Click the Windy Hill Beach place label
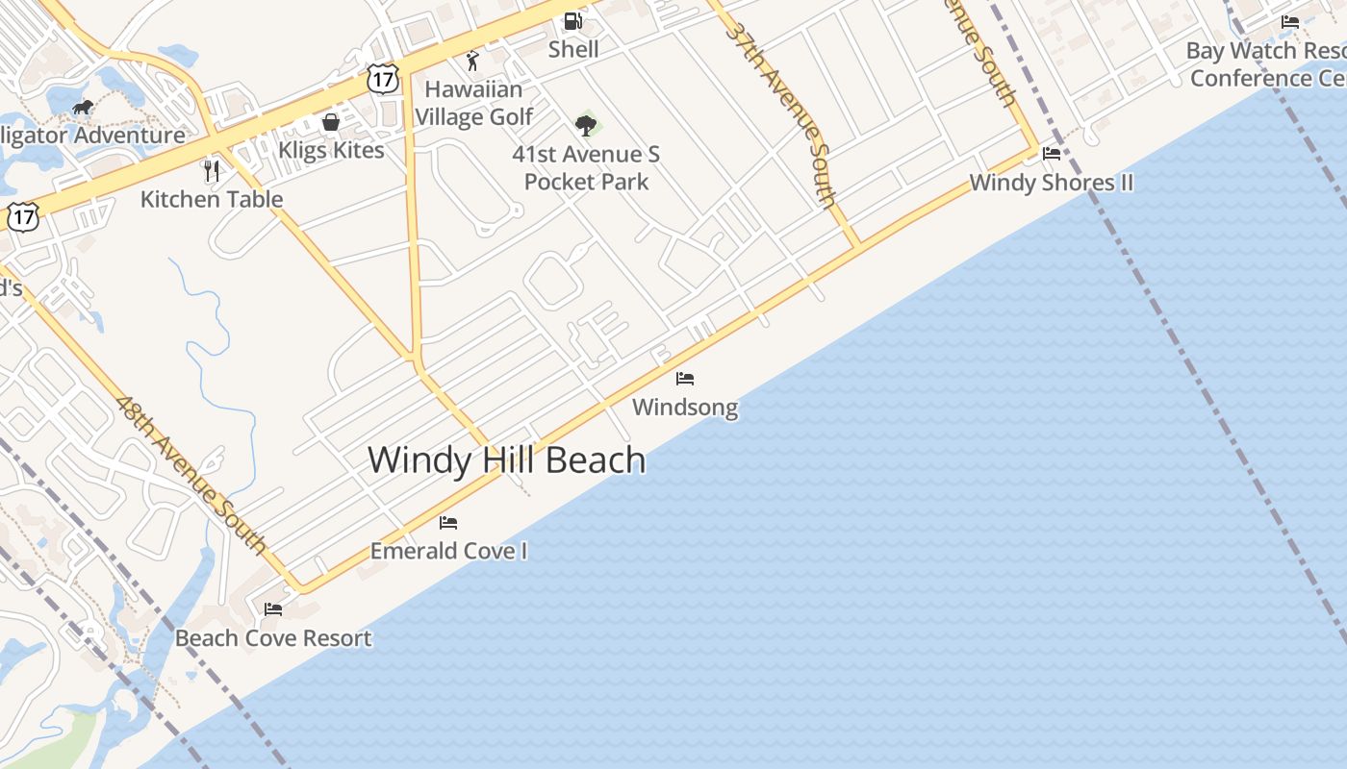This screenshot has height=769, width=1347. (506, 460)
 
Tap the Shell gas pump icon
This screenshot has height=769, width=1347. (573, 20)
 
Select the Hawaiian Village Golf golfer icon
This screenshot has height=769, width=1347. (471, 62)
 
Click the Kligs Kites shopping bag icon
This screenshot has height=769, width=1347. (330, 123)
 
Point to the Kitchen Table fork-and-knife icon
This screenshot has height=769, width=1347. (212, 171)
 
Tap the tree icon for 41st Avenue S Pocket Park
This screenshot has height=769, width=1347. (585, 125)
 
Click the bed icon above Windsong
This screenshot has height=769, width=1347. (685, 379)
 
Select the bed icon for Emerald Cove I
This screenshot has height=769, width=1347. (448, 523)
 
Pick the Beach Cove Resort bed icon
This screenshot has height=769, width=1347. (273, 609)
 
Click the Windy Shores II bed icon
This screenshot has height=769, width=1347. (1052, 153)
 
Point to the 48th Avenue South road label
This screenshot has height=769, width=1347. (191, 475)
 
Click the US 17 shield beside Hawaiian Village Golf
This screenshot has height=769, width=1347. (382, 79)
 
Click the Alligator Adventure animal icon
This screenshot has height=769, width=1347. (83, 107)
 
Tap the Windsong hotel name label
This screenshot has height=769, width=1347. (685, 408)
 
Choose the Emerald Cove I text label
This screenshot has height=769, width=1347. (448, 552)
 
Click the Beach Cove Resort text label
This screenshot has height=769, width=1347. (273, 638)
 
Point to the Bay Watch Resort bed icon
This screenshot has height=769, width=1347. (1290, 22)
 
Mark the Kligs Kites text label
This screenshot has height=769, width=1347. (331, 151)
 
